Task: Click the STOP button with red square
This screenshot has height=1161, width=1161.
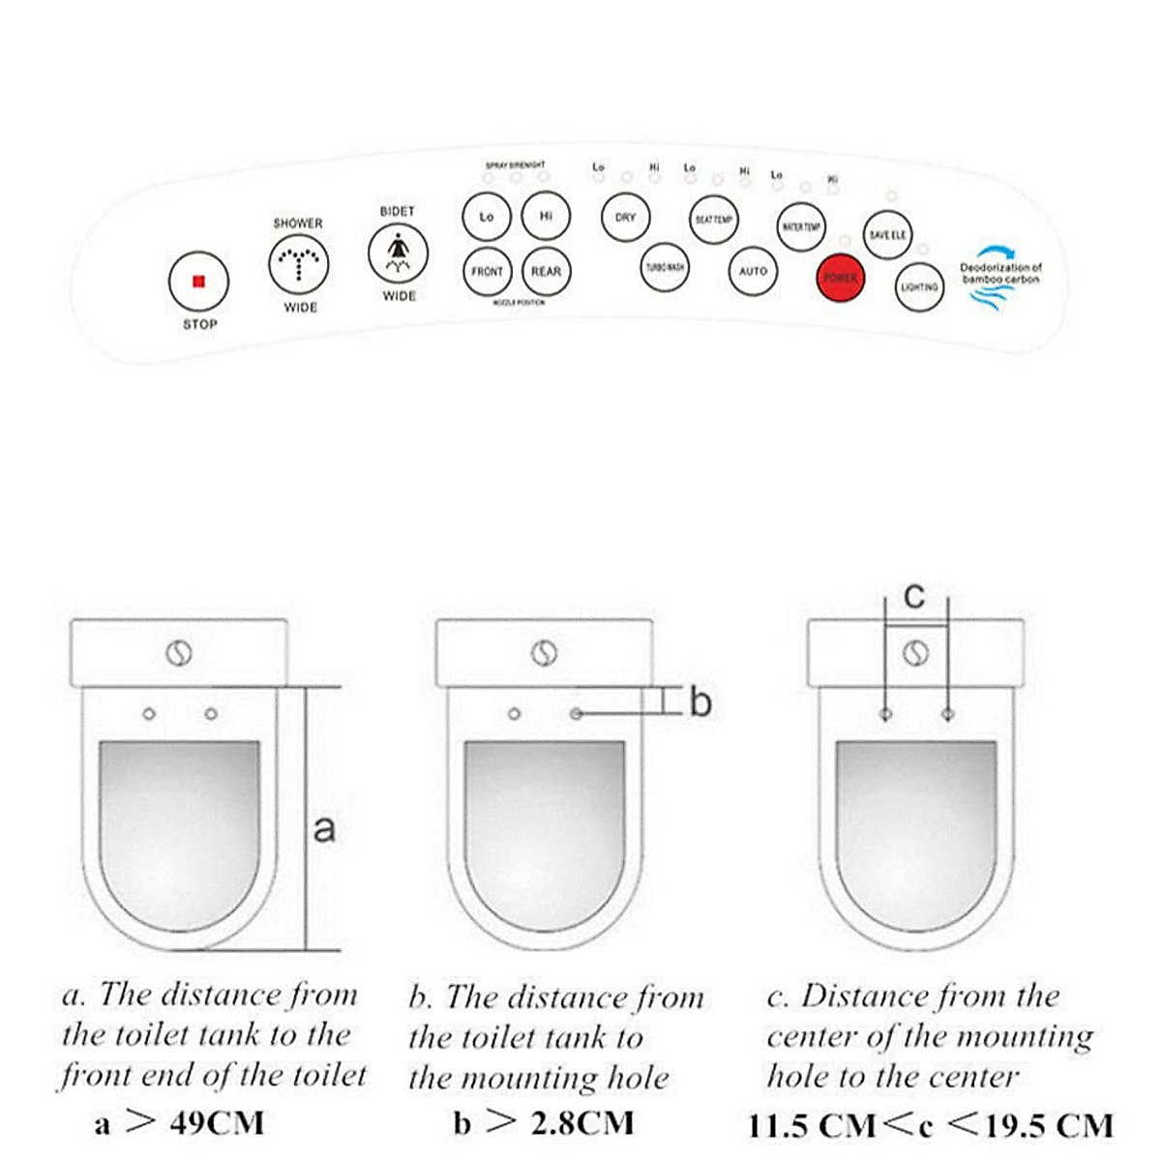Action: point(198,282)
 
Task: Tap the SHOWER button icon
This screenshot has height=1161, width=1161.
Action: point(298,264)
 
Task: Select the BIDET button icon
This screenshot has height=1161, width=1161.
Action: point(398,253)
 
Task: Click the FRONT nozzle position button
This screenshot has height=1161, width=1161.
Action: point(487,272)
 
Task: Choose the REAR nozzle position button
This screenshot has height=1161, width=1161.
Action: point(546,272)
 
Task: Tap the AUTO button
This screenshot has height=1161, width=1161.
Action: point(753,272)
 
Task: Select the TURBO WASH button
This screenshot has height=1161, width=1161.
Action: point(665,267)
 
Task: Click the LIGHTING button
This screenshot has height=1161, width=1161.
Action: point(919,287)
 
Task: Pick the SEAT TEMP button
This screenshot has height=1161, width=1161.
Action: point(714,220)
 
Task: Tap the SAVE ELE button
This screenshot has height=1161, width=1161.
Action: point(887,235)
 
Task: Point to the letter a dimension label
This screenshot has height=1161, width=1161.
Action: point(325,828)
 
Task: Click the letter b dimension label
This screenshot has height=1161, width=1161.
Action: point(700,701)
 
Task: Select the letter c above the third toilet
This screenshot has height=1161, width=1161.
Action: point(914,596)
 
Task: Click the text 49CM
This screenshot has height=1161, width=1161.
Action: point(217,1122)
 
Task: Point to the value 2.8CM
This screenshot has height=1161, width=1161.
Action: point(582,1122)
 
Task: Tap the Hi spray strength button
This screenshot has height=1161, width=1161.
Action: point(546,216)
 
